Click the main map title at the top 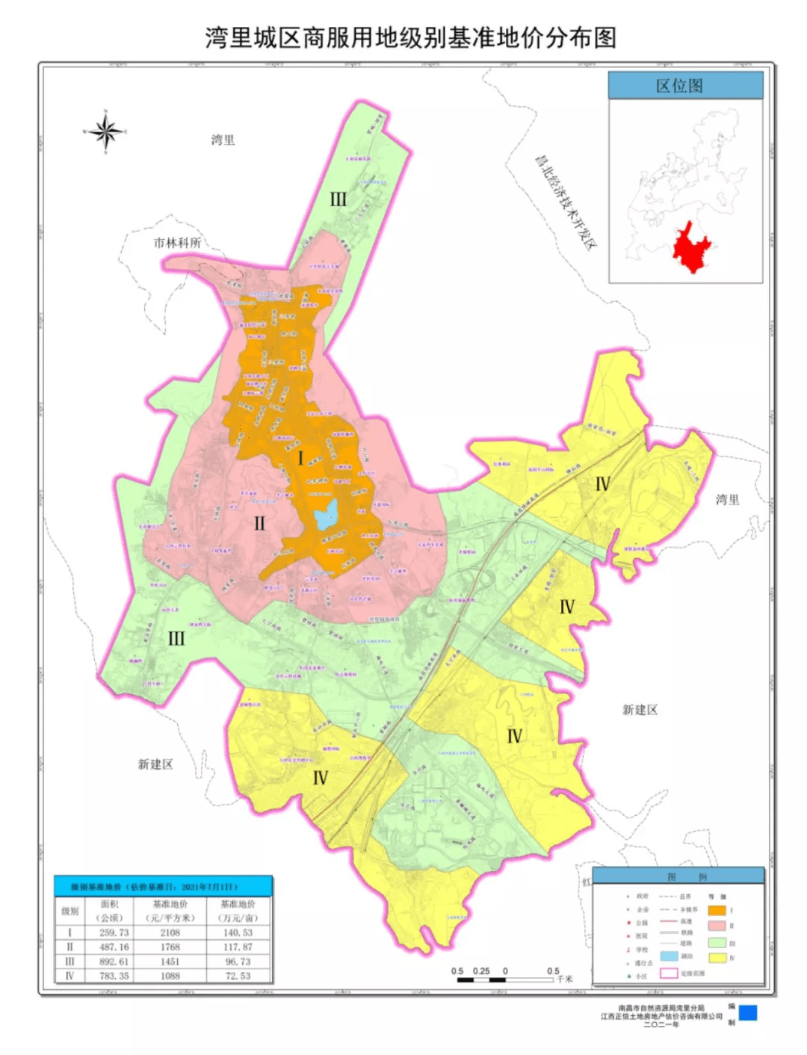410,37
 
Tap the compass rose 105,132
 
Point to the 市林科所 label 177,243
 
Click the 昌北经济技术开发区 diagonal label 566,202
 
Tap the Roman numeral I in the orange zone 301,458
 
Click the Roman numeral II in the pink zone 259,523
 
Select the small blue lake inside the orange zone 327,515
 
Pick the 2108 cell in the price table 170,932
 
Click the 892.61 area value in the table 114,962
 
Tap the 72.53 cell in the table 238,976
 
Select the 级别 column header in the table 69,911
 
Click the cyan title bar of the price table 163,887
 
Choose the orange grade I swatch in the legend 717,911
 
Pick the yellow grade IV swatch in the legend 717,958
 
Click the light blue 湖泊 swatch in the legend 669,956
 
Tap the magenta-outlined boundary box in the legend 669,973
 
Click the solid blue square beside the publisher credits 748,1012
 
